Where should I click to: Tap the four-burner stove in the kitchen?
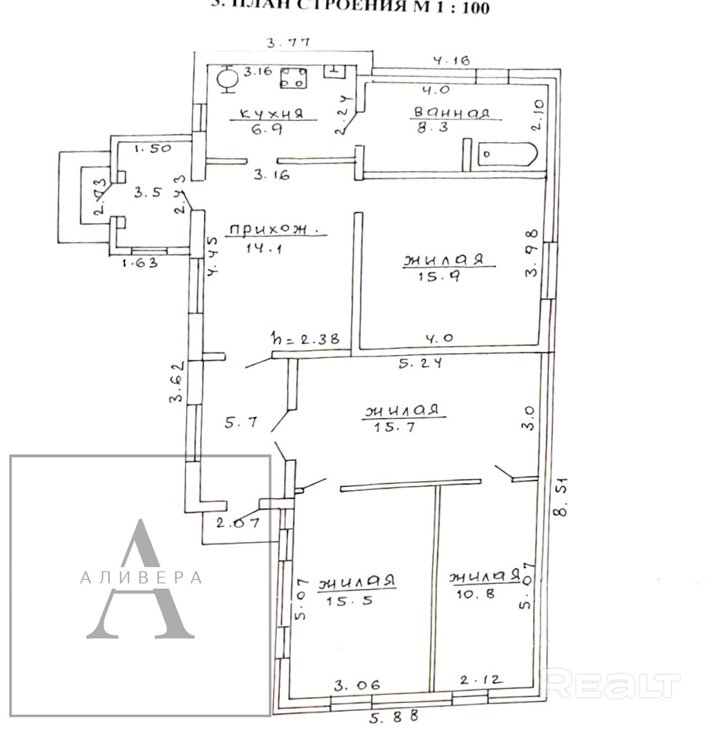[294, 77]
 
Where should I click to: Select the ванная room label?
[452, 113]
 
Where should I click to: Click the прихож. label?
[275, 231]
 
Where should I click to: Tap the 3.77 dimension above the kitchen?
[287, 43]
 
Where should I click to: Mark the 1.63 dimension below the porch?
[140, 263]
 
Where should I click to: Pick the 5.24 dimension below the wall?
[421, 364]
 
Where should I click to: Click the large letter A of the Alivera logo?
[141, 580]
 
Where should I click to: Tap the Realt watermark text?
[613, 685]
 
